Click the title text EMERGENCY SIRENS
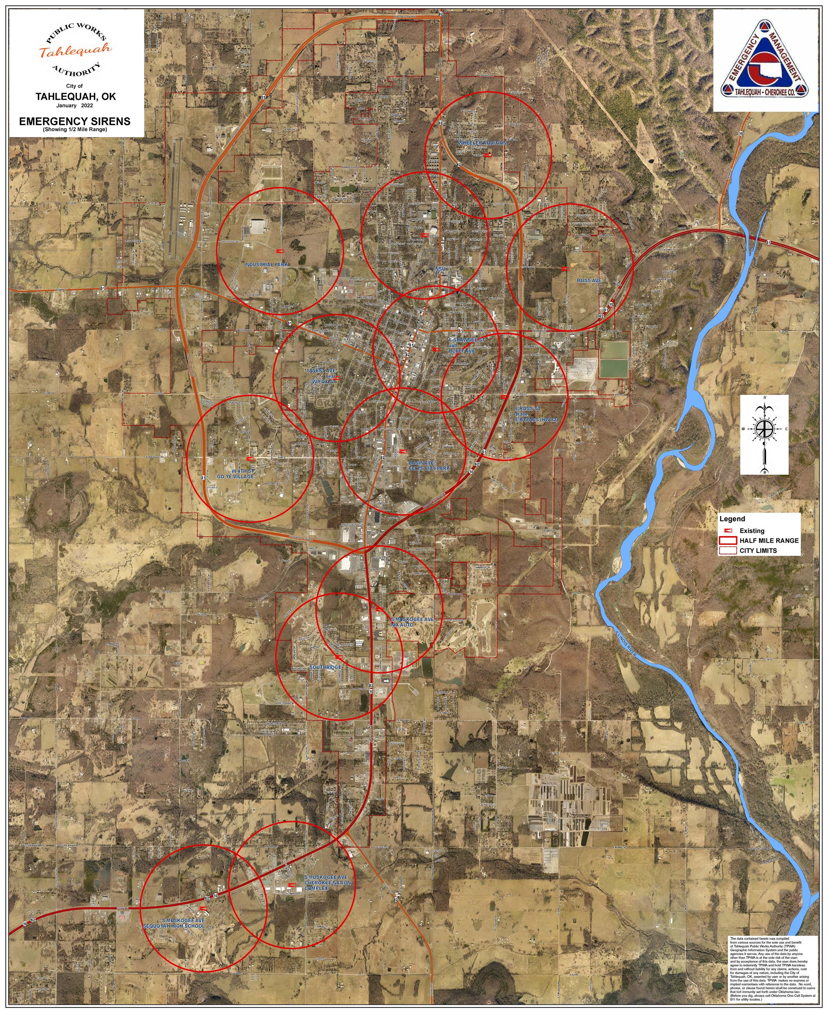pos(74,121)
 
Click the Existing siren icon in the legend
pos(728,531)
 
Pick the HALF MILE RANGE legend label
pos(769,540)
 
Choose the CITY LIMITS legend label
pos(758,551)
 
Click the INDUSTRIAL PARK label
pos(266,265)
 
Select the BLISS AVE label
pos(589,281)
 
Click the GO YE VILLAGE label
pos(236,476)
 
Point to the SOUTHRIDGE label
pos(325,667)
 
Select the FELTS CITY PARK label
pos(429,468)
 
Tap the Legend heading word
pos(732,519)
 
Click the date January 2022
pos(74,106)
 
